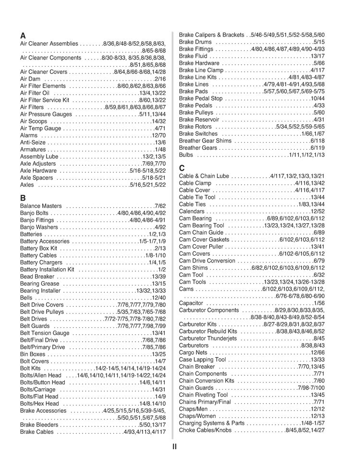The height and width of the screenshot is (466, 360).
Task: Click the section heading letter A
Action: click(23, 36)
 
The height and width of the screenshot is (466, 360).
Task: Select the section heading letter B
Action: click(23, 198)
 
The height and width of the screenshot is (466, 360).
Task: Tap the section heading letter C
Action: click(182, 168)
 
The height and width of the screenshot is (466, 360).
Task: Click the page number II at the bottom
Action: click(175, 446)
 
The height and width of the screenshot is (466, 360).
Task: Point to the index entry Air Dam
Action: click(30, 79)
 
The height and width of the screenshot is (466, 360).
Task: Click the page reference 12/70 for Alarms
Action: click(158, 136)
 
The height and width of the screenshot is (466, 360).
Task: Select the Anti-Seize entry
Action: click(33, 143)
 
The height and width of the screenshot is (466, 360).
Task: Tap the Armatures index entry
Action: click(33, 150)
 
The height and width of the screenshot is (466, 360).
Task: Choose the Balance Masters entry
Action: click(41, 206)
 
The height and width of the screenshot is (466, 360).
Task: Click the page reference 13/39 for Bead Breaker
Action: click(158, 277)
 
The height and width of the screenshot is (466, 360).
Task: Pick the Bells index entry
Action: click(26, 298)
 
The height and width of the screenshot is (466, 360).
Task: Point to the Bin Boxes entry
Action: click(33, 354)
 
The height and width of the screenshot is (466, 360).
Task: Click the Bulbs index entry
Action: click(186, 155)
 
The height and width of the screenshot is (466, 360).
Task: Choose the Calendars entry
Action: click(192, 211)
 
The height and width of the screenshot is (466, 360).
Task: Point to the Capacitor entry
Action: click(192, 303)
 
